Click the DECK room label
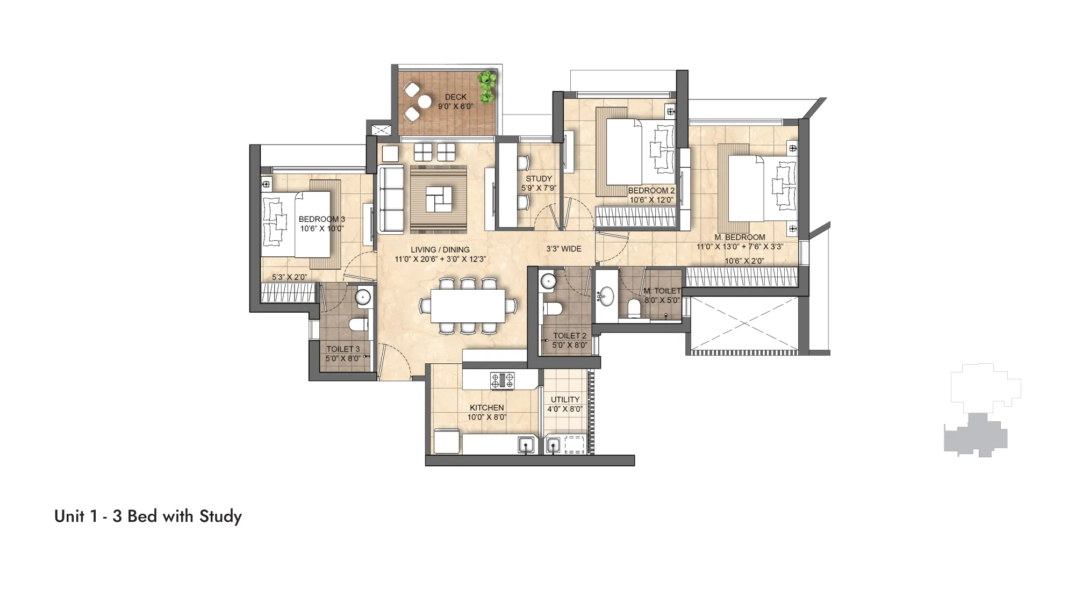point(455,97)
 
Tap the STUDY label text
point(539,179)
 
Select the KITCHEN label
point(486,408)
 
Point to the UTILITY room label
point(565,400)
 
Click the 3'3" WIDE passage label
point(563,249)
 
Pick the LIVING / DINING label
point(440,250)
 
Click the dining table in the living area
point(468,306)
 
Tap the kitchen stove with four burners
point(502,380)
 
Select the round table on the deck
point(425,102)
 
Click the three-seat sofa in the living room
point(391,200)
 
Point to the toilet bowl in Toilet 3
point(358,325)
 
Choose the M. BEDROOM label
point(740,238)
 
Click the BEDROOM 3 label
point(321,219)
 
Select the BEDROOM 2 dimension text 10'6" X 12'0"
point(651,200)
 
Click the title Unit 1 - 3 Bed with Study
point(148,516)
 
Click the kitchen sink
point(526,445)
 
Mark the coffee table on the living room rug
point(439,199)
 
